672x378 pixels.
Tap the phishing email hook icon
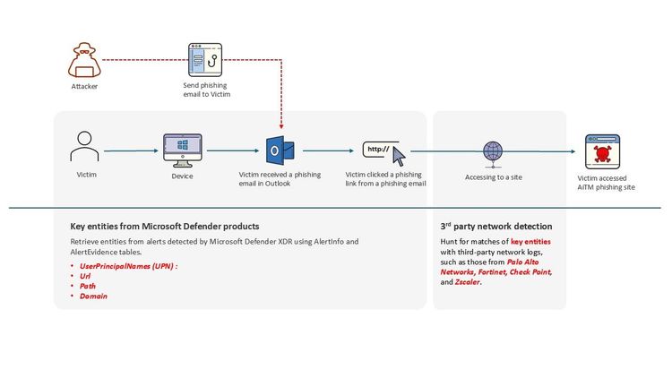coord(205,60)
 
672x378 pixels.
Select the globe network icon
coord(493,150)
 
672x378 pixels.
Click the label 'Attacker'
coord(84,87)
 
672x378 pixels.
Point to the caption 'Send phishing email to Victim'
coord(206,87)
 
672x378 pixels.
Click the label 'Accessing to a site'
coord(493,177)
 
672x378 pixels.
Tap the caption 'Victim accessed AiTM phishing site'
coord(602,183)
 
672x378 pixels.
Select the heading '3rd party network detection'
coord(495,227)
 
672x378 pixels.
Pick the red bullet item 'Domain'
coord(93,296)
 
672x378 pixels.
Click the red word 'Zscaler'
coord(468,281)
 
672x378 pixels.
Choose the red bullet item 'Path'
coord(89,287)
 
